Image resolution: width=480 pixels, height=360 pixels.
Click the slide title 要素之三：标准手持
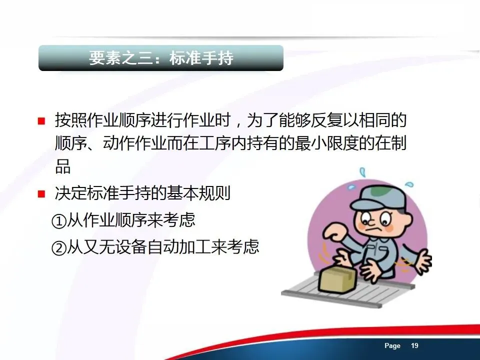(161, 57)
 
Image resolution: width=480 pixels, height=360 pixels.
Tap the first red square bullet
(41, 121)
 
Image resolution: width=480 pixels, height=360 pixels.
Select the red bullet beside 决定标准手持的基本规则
(41, 194)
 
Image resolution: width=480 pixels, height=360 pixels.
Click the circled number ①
(59, 221)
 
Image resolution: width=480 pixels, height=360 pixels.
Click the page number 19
(414, 345)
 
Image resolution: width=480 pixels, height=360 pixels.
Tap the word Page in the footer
(392, 346)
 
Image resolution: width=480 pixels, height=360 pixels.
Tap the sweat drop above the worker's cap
(363, 172)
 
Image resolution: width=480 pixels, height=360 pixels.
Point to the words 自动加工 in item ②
(179, 246)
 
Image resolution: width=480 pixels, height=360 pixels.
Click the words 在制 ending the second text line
(390, 143)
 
